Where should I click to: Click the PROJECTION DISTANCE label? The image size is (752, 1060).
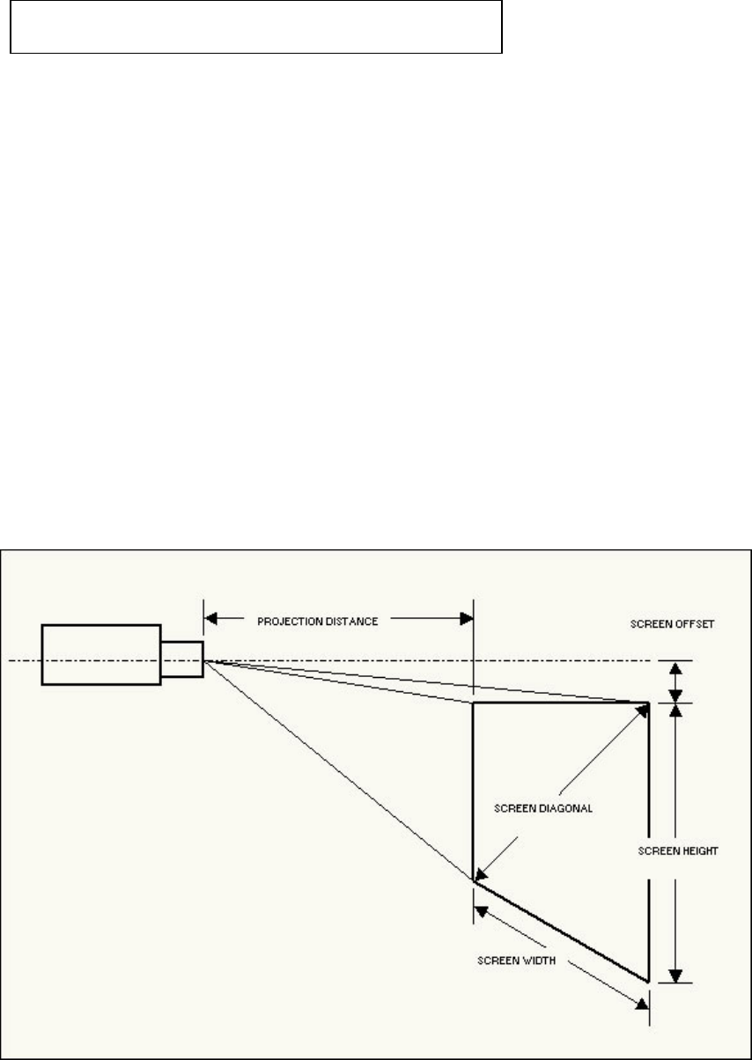coord(317,621)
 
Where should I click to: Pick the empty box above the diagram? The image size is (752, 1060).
coord(256,27)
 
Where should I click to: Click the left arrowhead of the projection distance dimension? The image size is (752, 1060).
coord(211,620)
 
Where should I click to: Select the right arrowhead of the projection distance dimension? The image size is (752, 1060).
coord(466,620)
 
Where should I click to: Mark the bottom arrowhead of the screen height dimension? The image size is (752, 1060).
coord(675,974)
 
